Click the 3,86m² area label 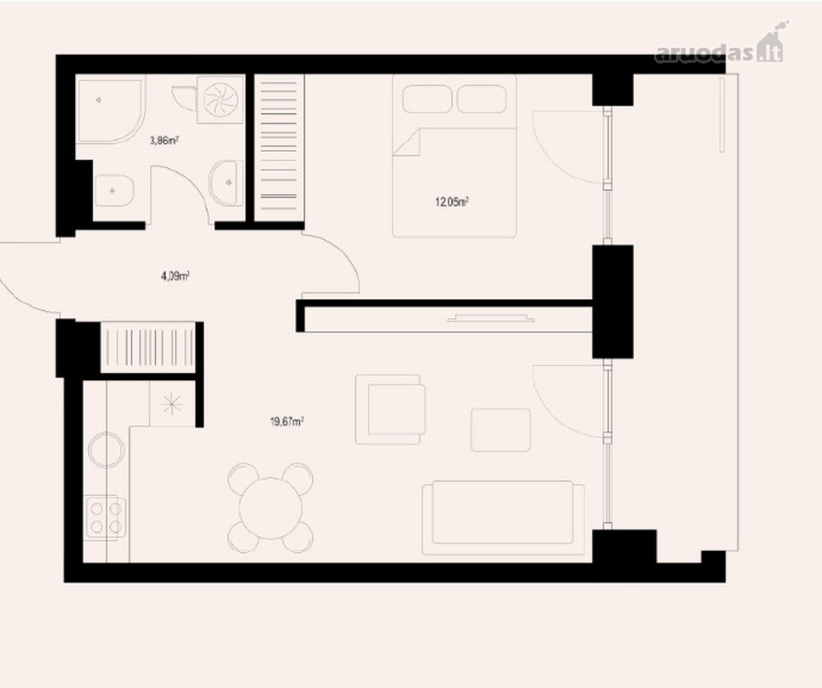[164, 140]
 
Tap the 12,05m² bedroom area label [451, 201]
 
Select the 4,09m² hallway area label [175, 275]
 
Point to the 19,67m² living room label [287, 421]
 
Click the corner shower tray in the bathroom [110, 111]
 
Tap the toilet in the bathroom [115, 190]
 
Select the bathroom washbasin [226, 183]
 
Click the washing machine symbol [221, 99]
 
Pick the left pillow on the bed [427, 99]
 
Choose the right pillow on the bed [482, 99]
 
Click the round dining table [270, 508]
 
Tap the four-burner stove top [105, 517]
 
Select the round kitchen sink [106, 449]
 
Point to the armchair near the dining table [390, 409]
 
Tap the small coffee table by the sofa [500, 430]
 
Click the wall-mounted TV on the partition [490, 318]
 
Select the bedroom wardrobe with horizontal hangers [279, 148]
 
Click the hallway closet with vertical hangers [147, 347]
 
